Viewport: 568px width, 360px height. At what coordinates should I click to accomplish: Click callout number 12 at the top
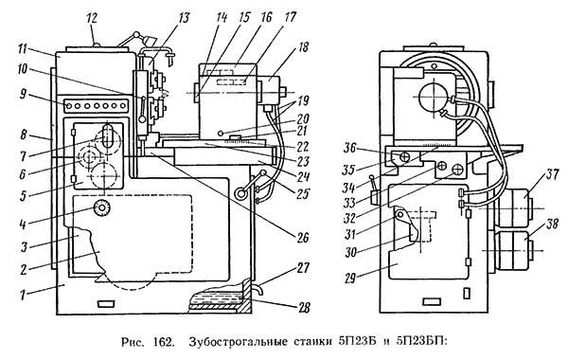(x=92, y=19)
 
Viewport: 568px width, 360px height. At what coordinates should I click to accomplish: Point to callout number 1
(x=23, y=296)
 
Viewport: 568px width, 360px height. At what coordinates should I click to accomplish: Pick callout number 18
(x=303, y=47)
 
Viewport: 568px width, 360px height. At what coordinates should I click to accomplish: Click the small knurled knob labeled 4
(x=102, y=208)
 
